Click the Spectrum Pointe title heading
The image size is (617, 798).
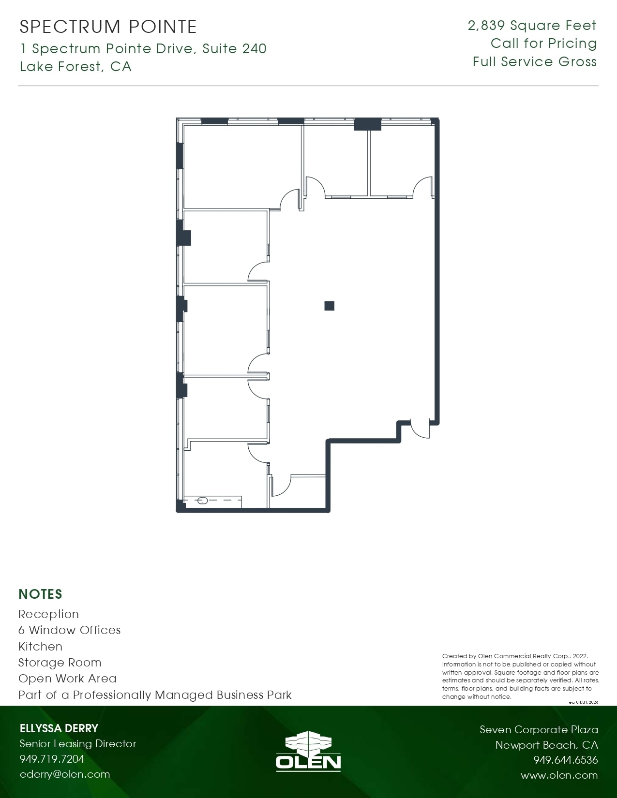(108, 27)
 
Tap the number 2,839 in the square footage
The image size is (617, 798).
(486, 26)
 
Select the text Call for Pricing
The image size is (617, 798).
(543, 44)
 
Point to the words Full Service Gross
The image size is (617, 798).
(535, 62)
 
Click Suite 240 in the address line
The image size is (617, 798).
(234, 48)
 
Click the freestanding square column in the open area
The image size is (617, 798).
(329, 306)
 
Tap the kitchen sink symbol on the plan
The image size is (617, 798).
(202, 501)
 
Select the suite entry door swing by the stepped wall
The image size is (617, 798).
(420, 429)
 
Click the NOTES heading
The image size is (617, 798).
(41, 594)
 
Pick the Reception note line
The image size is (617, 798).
(48, 614)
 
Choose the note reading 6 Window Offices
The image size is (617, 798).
(70, 630)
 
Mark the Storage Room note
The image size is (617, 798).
(60, 662)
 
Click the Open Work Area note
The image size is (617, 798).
(67, 678)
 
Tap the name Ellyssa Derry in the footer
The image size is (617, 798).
(59, 728)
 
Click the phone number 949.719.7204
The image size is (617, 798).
(52, 759)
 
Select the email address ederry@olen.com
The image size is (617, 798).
(65, 774)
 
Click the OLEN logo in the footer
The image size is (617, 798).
(308, 751)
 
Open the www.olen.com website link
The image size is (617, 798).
(559, 775)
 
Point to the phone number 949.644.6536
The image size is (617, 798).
(566, 759)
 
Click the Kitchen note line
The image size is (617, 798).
(41, 646)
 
